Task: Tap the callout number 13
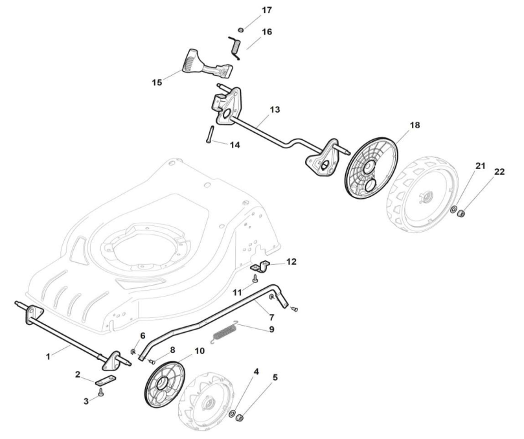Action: pyautogui.click(x=275, y=109)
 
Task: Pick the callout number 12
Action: pyautogui.click(x=291, y=262)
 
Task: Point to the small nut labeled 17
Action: pyautogui.click(x=240, y=30)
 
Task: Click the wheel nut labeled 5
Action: pyautogui.click(x=239, y=418)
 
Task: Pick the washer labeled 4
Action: pyautogui.click(x=231, y=412)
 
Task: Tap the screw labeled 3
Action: pyautogui.click(x=101, y=392)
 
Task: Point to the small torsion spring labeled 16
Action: pyautogui.click(x=236, y=47)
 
